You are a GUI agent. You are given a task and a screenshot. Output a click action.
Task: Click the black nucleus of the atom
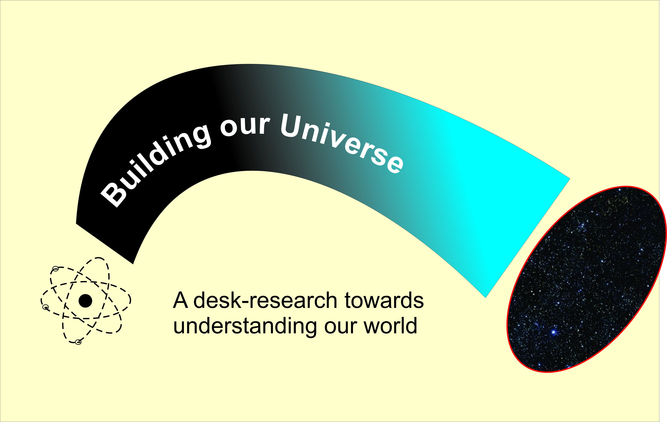[85, 301]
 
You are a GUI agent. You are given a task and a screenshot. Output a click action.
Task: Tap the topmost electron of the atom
[55, 268]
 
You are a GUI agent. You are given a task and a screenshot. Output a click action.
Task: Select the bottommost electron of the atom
[78, 342]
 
